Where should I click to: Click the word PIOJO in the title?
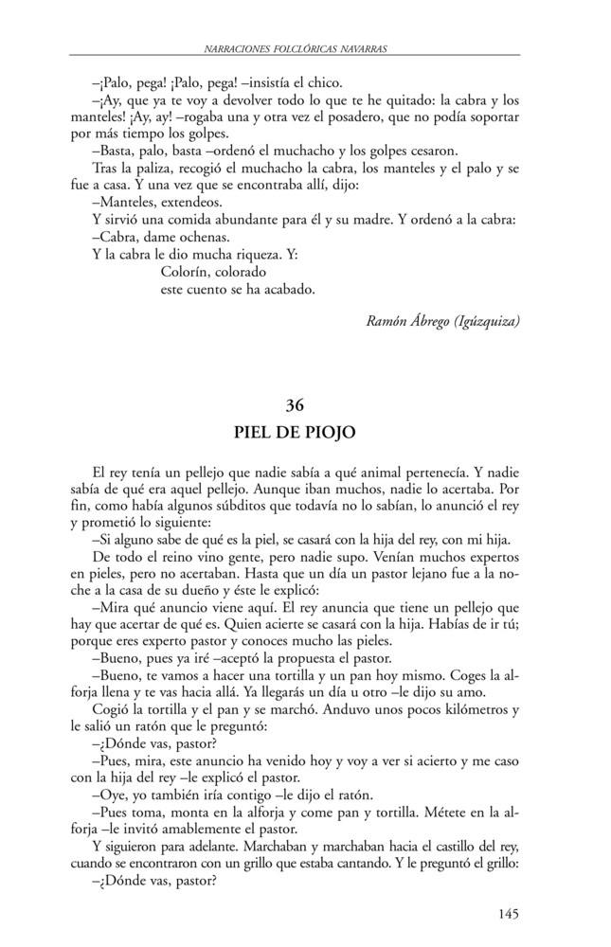coord(329,434)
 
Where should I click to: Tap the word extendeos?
coord(188,202)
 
